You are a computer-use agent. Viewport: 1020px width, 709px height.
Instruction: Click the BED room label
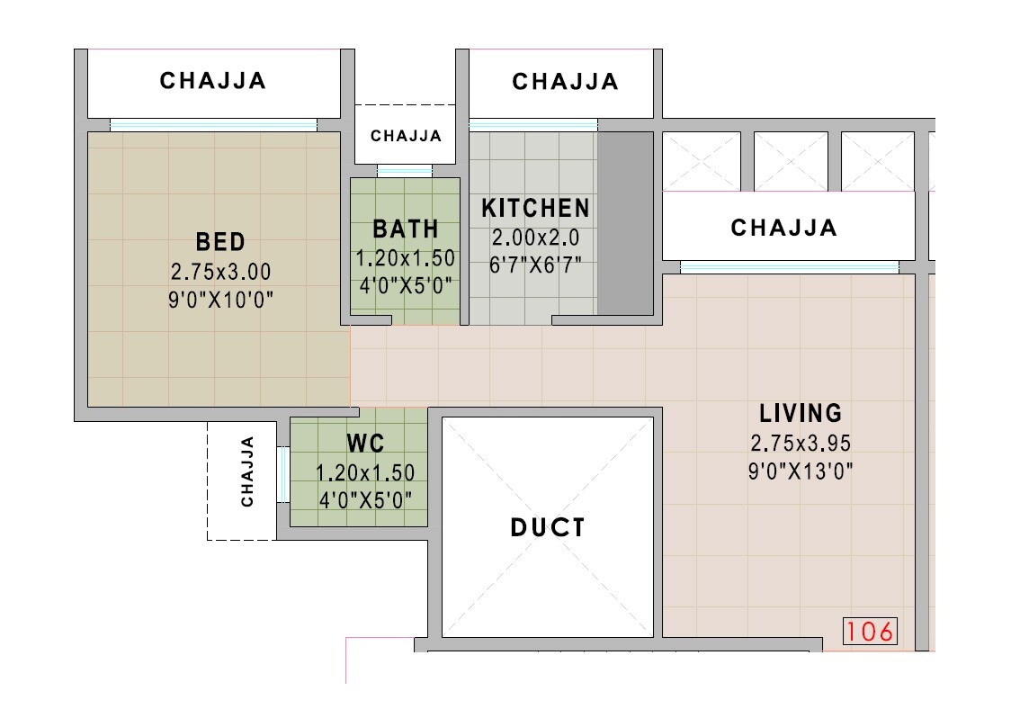220,242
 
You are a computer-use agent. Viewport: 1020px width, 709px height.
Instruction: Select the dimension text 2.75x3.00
220,271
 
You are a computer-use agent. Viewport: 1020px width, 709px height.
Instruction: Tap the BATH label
406,229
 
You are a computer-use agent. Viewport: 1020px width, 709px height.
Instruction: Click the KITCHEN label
536,209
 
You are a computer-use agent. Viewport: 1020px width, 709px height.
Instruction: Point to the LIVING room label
801,413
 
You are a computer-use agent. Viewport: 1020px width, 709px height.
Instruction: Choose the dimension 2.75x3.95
801,443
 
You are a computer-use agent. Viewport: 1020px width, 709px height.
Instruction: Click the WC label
365,444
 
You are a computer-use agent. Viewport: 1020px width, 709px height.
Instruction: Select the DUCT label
548,527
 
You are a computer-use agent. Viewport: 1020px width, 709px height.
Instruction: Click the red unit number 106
871,632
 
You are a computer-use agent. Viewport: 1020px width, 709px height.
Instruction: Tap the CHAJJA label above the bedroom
213,81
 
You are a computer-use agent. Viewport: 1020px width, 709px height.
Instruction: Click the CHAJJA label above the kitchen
566,82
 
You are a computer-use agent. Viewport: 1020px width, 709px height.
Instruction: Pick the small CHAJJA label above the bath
407,137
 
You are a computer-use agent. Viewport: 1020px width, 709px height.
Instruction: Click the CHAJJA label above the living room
784,228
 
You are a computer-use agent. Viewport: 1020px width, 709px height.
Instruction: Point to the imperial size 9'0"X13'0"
801,471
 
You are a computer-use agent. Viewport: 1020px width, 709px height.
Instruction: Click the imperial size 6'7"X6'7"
536,265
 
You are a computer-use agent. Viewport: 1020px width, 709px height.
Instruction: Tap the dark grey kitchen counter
625,222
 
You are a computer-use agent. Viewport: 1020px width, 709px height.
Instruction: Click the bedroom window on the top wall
213,125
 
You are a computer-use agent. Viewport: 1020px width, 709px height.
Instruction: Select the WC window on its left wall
282,473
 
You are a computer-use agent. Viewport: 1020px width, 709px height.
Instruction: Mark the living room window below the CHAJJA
789,267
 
